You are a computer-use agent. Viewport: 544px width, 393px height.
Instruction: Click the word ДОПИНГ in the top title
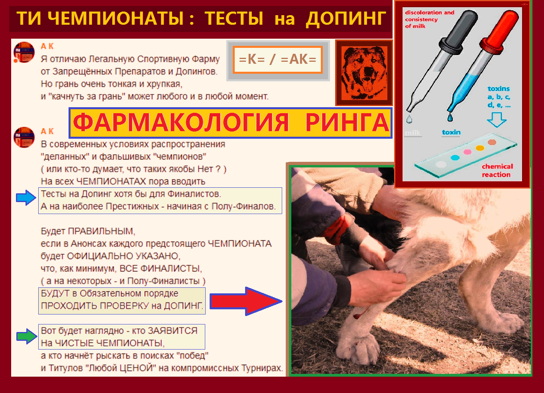(346, 19)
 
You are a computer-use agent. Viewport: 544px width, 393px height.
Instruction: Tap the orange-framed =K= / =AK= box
(277, 60)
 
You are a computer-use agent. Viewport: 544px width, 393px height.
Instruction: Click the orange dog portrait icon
(364, 73)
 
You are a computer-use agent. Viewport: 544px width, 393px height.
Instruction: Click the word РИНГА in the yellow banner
(347, 122)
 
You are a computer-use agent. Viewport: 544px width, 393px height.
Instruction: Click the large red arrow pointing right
(246, 301)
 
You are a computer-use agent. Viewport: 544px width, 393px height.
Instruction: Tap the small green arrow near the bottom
(26, 336)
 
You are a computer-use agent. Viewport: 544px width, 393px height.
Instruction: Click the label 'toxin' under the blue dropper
(451, 132)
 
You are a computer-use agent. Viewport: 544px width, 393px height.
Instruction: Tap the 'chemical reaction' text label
(497, 170)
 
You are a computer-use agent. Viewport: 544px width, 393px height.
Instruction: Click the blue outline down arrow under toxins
(497, 119)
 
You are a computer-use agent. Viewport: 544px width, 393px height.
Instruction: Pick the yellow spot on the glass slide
(480, 148)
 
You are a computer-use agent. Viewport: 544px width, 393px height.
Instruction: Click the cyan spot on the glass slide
(455, 157)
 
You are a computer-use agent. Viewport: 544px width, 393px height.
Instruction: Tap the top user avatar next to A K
(24, 52)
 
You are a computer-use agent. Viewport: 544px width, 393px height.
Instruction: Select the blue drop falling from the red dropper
(450, 117)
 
